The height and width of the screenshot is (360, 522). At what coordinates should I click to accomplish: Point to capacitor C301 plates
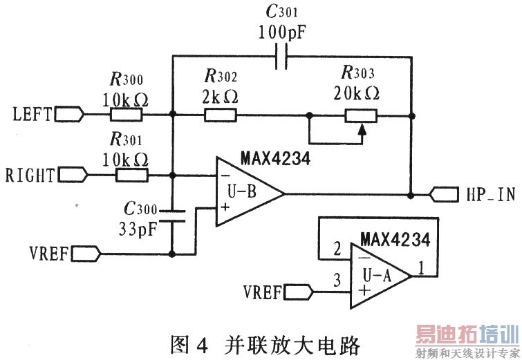pos(281,57)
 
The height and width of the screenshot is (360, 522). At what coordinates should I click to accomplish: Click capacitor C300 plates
pos(172,215)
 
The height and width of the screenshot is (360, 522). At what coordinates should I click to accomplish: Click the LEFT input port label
pos(32,114)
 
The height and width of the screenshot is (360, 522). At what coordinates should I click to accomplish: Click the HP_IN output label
pos(490,196)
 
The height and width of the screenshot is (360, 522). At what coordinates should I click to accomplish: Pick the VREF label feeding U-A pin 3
pos(262,292)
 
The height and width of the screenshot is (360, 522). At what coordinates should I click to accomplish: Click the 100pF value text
pos(281,32)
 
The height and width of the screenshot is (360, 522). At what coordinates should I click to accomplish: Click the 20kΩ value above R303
pos(360,93)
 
